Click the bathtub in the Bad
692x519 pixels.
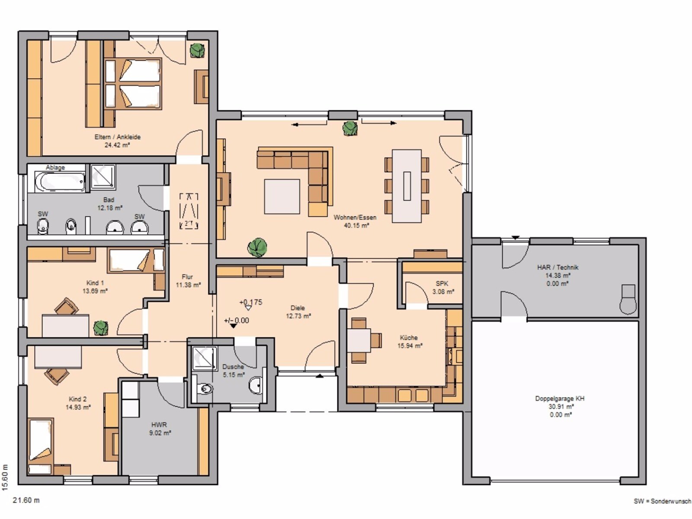[x=60, y=182]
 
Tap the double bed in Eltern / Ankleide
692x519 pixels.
[x=133, y=83]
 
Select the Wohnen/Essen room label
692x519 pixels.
[x=355, y=218]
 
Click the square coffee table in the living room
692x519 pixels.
[x=282, y=197]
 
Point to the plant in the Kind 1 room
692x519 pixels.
[x=101, y=328]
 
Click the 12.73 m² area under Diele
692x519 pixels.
[x=298, y=316]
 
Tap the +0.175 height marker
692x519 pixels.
[x=250, y=302]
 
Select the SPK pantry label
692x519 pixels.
[x=442, y=284]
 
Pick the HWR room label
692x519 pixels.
[x=159, y=425]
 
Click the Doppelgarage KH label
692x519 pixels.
[x=560, y=399]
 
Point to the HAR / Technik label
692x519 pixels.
[x=557, y=268]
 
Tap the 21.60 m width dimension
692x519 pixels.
[x=26, y=500]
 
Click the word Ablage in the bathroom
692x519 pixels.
[x=55, y=168]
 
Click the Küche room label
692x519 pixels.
[x=409, y=338]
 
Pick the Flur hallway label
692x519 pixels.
[x=187, y=277]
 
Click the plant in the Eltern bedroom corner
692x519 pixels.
[x=197, y=50]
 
